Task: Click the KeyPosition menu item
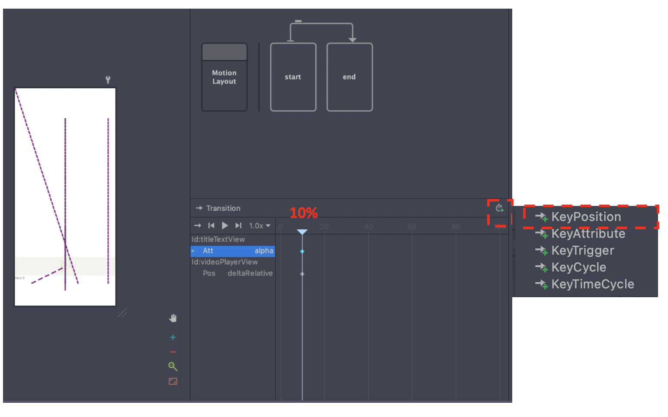(586, 217)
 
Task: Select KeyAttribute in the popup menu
(588, 234)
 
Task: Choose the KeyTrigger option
(582, 250)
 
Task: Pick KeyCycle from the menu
(578, 267)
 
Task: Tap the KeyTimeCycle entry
(592, 284)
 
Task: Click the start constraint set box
(293, 77)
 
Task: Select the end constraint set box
(349, 77)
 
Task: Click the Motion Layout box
(224, 77)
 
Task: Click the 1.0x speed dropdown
(260, 226)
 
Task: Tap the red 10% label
(303, 213)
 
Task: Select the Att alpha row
(233, 251)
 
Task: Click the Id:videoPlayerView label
(225, 262)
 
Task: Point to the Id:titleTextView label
(218, 239)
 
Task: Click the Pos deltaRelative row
(237, 273)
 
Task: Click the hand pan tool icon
(173, 318)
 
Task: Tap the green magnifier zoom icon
(173, 367)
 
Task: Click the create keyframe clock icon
(499, 208)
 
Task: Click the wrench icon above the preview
(108, 80)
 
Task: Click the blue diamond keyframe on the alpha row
(302, 251)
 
